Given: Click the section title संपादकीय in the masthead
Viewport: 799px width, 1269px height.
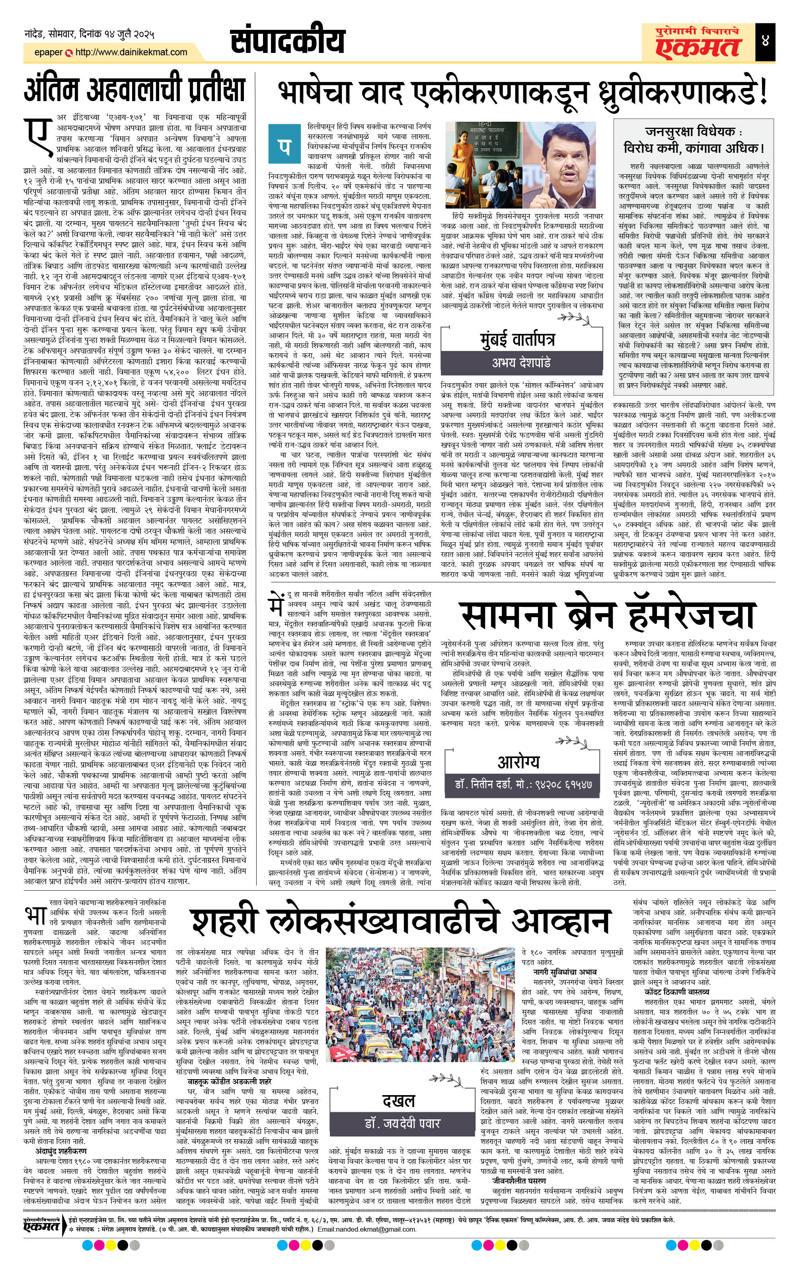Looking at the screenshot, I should [x=288, y=41].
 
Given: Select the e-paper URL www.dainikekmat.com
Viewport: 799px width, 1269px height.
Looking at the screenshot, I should [x=131, y=52].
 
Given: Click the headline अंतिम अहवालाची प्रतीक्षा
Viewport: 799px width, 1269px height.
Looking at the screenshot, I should [x=135, y=90].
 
